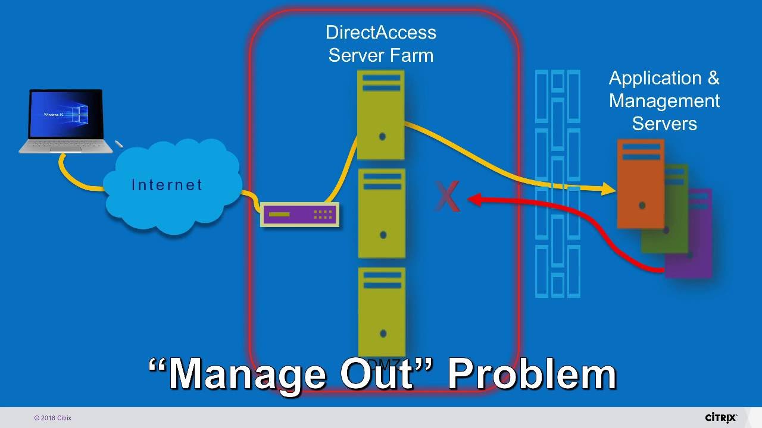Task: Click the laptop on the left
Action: coord(66,122)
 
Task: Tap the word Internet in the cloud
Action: coord(167,185)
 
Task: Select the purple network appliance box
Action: coord(300,214)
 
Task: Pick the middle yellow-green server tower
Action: coord(382,213)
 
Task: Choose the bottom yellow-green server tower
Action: coord(382,309)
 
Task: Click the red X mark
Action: coord(447,197)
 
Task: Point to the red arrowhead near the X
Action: coord(475,200)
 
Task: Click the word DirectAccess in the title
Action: coord(381,33)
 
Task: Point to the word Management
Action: coord(664,101)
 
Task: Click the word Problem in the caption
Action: coord(532,373)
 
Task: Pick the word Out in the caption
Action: coord(377,373)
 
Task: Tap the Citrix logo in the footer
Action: coord(720,417)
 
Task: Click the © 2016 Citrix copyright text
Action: coord(53,418)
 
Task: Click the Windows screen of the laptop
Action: coord(66,114)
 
